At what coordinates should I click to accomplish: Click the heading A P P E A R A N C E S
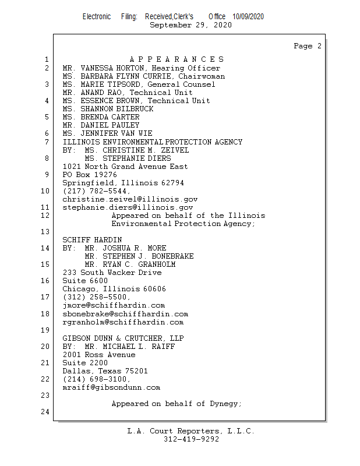tap(177, 59)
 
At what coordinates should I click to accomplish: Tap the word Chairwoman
tap(202, 76)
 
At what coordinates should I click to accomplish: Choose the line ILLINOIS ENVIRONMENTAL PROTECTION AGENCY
tap(153, 142)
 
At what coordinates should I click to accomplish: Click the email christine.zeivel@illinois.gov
tap(130, 199)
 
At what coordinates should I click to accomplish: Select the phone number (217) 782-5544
tap(96, 190)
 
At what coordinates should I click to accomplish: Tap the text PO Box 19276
tap(90, 174)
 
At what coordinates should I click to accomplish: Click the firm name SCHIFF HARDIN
tap(92, 239)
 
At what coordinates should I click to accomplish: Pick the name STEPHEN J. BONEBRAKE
tap(139, 256)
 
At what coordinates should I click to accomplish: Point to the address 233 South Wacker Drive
tap(112, 273)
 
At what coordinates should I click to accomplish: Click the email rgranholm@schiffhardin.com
tap(123, 322)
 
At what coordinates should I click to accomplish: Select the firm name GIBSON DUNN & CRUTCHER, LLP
tap(123, 338)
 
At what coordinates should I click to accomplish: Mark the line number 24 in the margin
tap(45, 412)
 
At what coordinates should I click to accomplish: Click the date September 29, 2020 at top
tap(190, 25)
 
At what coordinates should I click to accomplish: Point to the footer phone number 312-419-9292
tap(191, 440)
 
